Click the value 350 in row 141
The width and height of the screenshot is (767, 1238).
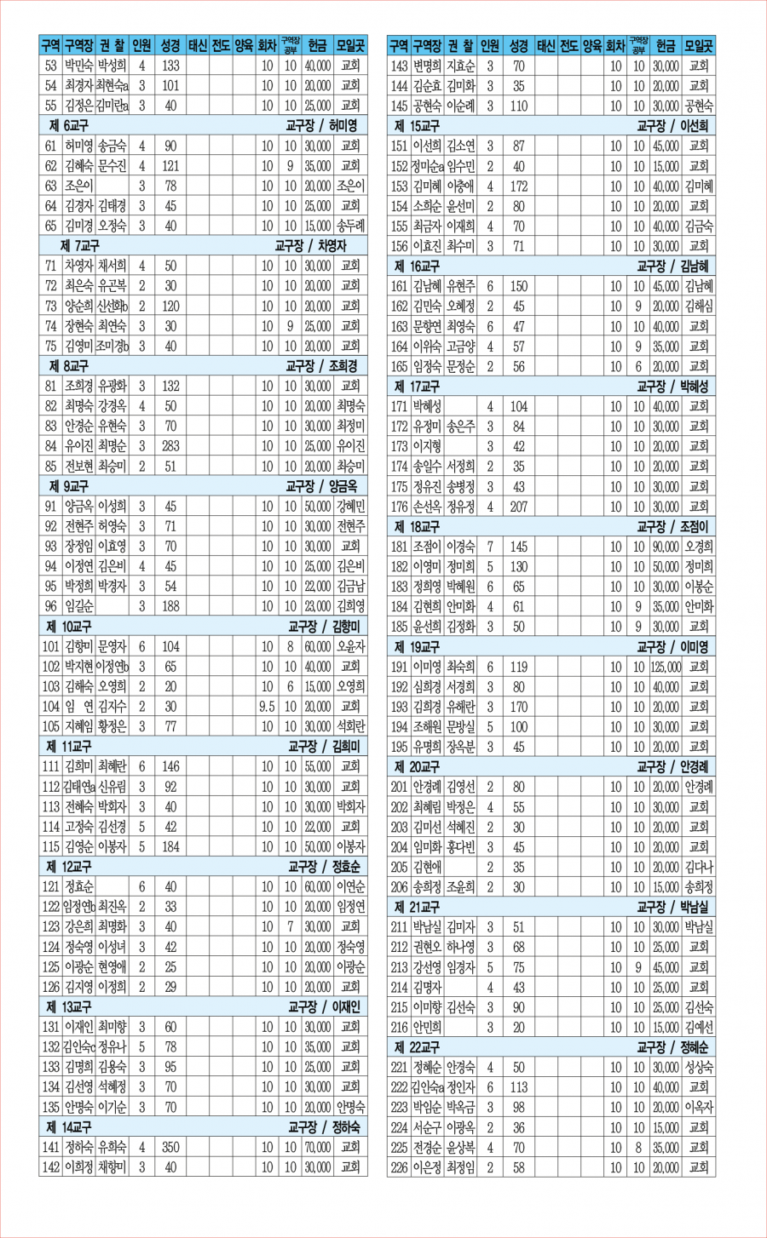click(170, 1147)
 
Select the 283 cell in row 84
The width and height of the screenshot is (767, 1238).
click(170, 446)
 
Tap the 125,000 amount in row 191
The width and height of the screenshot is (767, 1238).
click(666, 667)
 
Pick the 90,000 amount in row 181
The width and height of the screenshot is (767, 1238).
click(666, 547)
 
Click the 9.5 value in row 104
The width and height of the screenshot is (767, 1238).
click(267, 706)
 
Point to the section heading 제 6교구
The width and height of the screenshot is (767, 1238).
click(69, 125)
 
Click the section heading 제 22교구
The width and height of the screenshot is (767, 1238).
click(417, 1047)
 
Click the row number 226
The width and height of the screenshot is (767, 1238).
click(399, 1167)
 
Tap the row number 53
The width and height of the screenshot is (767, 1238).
click(51, 66)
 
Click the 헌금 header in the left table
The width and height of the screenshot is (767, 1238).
click(317, 45)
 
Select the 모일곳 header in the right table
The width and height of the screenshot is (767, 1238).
click(698, 45)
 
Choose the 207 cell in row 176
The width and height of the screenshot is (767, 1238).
click(518, 507)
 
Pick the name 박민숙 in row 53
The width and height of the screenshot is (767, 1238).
click(78, 66)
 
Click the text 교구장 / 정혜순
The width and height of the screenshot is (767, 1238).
click(672, 1047)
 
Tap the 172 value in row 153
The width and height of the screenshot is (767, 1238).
click(518, 186)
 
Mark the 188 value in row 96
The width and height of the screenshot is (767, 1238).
click(170, 606)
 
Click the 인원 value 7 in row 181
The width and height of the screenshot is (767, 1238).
click(490, 547)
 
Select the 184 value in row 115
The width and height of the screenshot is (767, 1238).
click(170, 846)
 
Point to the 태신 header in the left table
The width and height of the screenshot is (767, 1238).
click(197, 45)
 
